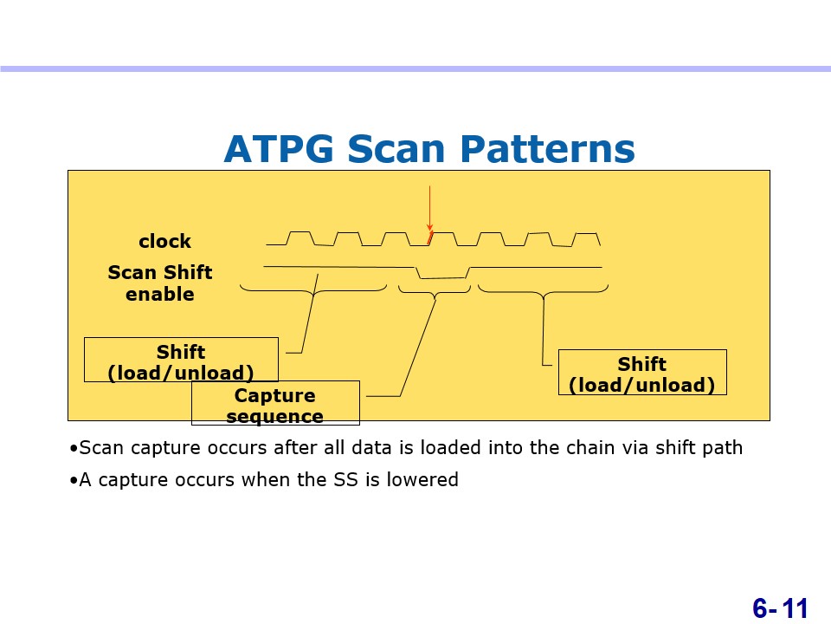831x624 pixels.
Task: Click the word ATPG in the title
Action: pos(279,148)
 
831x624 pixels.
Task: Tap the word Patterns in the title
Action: pos(547,148)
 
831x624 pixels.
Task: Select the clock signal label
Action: pos(164,242)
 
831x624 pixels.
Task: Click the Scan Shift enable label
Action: pos(160,283)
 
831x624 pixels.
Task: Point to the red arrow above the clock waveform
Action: pos(430,209)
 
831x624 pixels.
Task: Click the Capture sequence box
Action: pos(275,403)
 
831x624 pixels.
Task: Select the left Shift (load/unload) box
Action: pos(181,360)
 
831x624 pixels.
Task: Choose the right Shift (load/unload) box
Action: pos(642,372)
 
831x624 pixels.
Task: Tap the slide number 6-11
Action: pos(780,608)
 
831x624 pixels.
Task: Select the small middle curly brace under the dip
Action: pos(435,292)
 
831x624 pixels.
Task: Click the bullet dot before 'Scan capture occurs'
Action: pos(74,449)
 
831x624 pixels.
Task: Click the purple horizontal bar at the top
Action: pos(415,69)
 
